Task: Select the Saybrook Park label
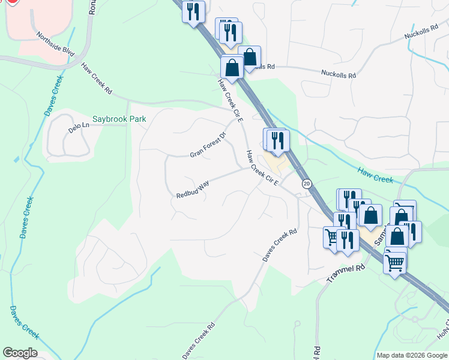coord(119,119)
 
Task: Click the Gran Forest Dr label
coord(207,145)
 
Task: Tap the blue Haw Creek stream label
coord(375,175)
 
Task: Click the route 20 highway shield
coord(307,184)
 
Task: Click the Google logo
coord(20,353)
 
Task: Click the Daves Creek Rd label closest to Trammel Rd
coord(280,244)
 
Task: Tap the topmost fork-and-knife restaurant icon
coord(193,11)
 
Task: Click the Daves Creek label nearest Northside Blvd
coord(53,96)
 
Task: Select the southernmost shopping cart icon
coord(394,262)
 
